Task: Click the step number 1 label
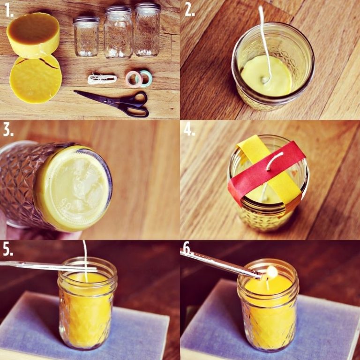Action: click(x=9, y=11)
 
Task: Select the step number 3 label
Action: click(x=8, y=130)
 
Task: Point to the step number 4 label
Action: click(x=189, y=130)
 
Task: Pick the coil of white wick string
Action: click(x=102, y=79)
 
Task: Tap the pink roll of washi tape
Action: click(x=133, y=79)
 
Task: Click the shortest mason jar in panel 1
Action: click(x=86, y=36)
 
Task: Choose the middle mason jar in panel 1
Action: click(x=118, y=32)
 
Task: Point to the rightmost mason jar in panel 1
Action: click(x=147, y=30)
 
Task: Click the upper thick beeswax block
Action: click(x=34, y=35)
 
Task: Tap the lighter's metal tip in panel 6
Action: click(x=258, y=275)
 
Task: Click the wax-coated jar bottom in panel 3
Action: click(x=74, y=188)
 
